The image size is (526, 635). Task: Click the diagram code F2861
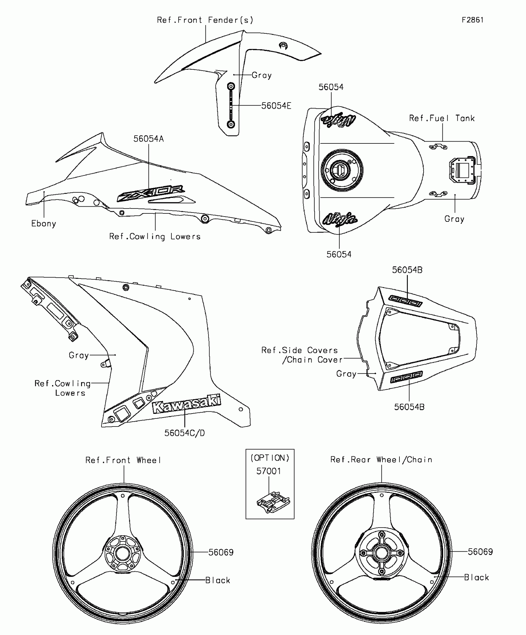pyautogui.click(x=472, y=20)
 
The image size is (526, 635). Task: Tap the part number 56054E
pyautogui.click(x=276, y=106)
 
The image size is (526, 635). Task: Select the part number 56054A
pyautogui.click(x=149, y=139)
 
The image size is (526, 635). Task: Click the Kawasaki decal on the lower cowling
pyautogui.click(x=187, y=404)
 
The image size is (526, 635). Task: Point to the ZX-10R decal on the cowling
pyautogui.click(x=151, y=194)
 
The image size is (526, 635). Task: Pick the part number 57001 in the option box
pyautogui.click(x=269, y=471)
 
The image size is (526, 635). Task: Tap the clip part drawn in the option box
pyautogui.click(x=273, y=502)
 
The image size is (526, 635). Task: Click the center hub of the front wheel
pyautogui.click(x=123, y=553)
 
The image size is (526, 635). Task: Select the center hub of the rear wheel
pyautogui.click(x=382, y=553)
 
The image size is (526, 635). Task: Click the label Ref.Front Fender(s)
pyautogui.click(x=205, y=20)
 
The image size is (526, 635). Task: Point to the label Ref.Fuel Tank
pyautogui.click(x=442, y=118)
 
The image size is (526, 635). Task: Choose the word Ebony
pyautogui.click(x=44, y=224)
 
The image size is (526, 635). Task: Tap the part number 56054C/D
pyautogui.click(x=184, y=433)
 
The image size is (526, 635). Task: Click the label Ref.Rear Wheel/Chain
pyautogui.click(x=381, y=460)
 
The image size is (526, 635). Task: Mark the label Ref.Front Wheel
pyautogui.click(x=123, y=460)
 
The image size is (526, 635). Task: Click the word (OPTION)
pyautogui.click(x=270, y=458)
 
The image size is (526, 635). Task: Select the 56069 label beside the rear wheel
pyautogui.click(x=480, y=552)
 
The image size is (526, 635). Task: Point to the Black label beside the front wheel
pyautogui.click(x=218, y=580)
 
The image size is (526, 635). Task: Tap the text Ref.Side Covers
pyautogui.click(x=300, y=350)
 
